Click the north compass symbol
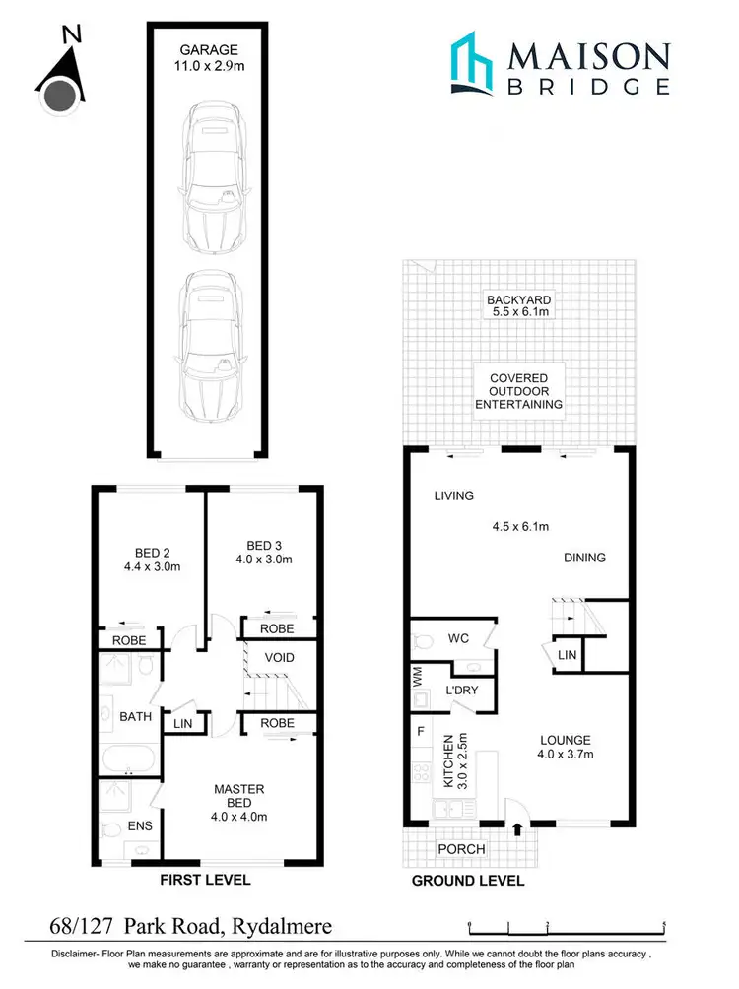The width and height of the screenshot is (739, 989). pos(60,77)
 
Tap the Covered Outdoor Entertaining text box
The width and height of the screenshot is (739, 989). pos(518,391)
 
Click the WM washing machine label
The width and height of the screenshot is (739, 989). pos(417,677)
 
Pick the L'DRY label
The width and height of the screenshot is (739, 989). pos(461,690)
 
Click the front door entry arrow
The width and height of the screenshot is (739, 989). pos(516,828)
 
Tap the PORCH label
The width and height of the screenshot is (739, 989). pos(461,849)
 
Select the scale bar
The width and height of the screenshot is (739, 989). pos(568,924)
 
